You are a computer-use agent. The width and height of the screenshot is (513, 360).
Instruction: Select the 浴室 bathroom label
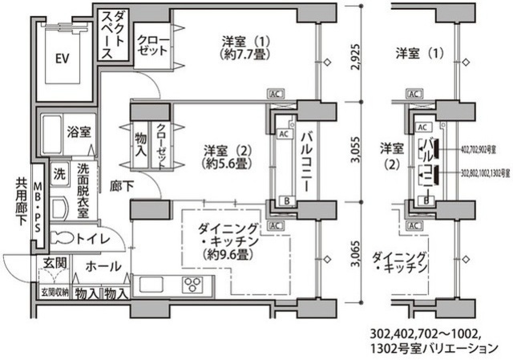click(x=78, y=131)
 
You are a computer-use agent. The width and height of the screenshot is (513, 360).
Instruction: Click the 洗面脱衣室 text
click(x=87, y=189)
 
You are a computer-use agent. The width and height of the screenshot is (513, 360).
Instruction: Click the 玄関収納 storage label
click(x=55, y=293)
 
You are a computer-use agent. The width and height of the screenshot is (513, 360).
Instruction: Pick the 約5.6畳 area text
click(x=224, y=163)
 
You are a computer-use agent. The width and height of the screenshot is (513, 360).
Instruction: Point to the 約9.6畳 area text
click(x=228, y=255)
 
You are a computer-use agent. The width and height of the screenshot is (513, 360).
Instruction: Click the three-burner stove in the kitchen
click(x=192, y=284)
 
